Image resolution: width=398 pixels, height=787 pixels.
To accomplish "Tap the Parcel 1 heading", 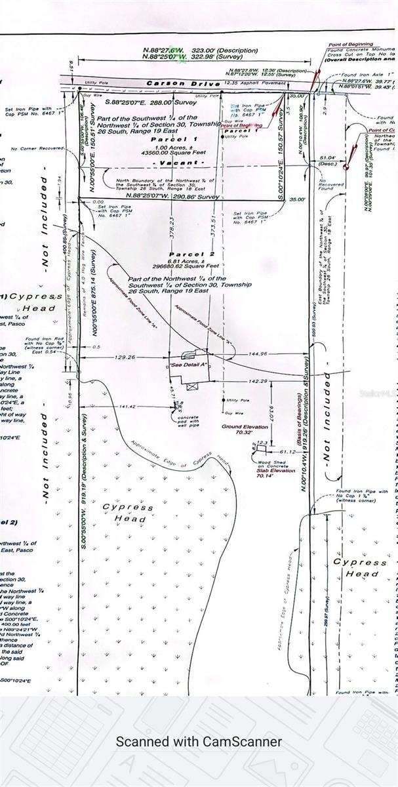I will click(x=174, y=140).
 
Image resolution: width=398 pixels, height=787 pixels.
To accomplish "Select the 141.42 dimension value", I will click(x=132, y=407).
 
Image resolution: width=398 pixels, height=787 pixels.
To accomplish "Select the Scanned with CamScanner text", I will click(x=199, y=742).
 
